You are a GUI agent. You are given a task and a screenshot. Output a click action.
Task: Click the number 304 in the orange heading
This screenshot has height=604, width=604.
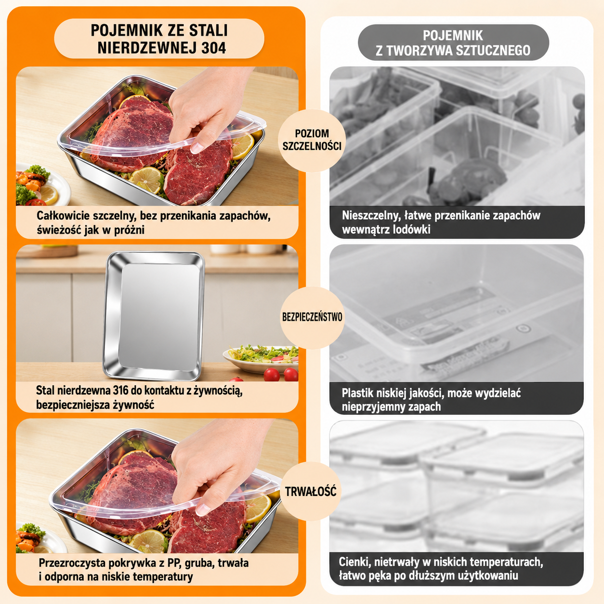click(213, 48)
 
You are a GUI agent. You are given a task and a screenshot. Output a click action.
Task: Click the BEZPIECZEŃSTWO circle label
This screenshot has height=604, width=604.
click(312, 317)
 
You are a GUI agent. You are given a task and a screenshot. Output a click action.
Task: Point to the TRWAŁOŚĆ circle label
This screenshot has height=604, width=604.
click(311, 491)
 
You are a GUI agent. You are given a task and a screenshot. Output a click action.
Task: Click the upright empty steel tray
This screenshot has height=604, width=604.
click(154, 316)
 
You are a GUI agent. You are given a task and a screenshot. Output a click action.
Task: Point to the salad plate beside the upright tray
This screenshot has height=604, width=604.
click(261, 359)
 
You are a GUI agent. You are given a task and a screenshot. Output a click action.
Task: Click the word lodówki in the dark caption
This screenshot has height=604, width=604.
click(411, 230)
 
